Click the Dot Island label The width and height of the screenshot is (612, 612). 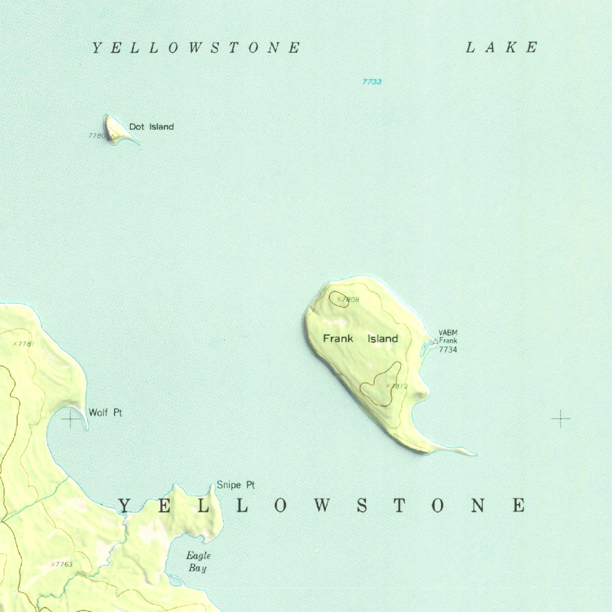(x=151, y=127)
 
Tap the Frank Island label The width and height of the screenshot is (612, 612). (x=360, y=338)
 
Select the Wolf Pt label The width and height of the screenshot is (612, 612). (x=105, y=413)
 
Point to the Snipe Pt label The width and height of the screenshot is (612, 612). (x=235, y=485)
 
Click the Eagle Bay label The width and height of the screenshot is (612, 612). (x=198, y=562)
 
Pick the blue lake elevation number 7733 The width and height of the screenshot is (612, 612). (x=372, y=82)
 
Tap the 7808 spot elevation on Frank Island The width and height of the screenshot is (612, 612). (x=348, y=299)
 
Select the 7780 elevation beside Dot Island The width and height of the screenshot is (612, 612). (x=97, y=136)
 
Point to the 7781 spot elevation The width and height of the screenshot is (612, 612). (x=24, y=344)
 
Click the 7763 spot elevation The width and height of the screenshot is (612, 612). (x=62, y=564)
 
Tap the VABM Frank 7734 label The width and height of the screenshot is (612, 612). (x=448, y=341)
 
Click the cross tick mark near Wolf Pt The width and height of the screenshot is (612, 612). (x=71, y=419)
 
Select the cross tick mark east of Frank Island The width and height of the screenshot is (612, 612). (x=560, y=419)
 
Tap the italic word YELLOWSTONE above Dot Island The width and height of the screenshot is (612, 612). (x=196, y=47)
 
